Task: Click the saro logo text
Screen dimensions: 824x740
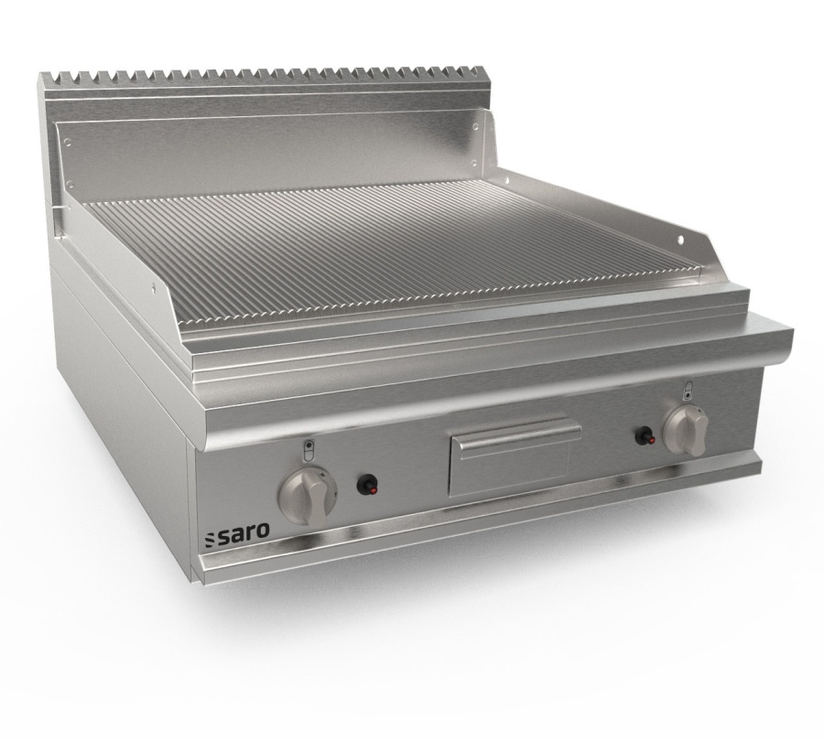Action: pyautogui.click(x=244, y=532)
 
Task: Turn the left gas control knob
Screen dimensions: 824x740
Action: pyautogui.click(x=308, y=495)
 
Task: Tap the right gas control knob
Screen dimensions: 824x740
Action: pyautogui.click(x=685, y=430)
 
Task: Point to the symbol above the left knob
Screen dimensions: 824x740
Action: pyautogui.click(x=309, y=450)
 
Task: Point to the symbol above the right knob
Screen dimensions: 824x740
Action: pyautogui.click(x=689, y=391)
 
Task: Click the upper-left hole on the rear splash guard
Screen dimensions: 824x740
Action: pyautogui.click(x=68, y=141)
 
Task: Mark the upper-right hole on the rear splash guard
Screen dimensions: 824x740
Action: pyautogui.click(x=475, y=126)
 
